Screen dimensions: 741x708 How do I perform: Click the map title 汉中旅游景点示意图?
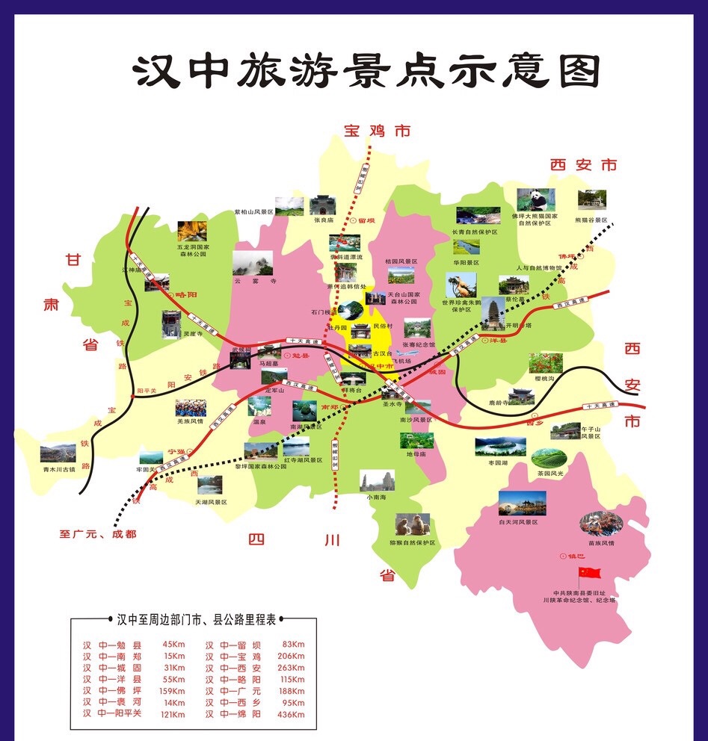tap(367, 72)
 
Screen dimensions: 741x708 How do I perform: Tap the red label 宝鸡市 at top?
tap(377, 131)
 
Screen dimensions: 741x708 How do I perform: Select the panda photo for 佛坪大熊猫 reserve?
tap(536, 199)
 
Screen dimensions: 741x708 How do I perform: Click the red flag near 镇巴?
tap(591, 574)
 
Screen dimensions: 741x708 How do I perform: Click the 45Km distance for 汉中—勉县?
tap(173, 645)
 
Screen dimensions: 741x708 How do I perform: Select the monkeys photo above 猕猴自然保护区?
tap(413, 524)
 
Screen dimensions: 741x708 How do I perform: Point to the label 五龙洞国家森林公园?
tap(193, 250)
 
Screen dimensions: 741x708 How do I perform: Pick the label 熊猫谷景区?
tap(591, 220)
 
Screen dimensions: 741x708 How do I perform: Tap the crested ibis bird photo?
tap(461, 286)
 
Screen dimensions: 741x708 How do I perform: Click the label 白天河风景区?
tap(523, 522)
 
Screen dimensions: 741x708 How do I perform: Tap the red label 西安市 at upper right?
tap(584, 164)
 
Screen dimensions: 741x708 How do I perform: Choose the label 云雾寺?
tap(253, 282)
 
